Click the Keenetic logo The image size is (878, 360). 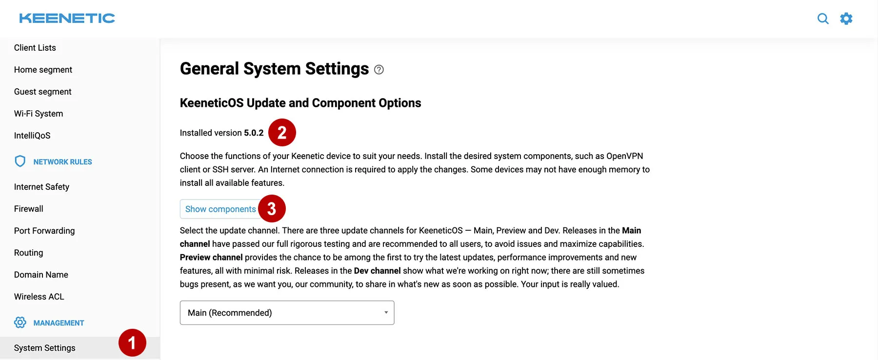67,19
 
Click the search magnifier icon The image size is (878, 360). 823,19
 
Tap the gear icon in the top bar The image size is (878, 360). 846,19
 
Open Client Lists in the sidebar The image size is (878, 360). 35,48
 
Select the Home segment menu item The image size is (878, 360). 43,70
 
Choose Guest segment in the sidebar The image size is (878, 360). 43,92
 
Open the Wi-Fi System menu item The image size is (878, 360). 39,114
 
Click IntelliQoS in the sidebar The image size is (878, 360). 32,136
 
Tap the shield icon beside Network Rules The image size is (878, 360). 20,161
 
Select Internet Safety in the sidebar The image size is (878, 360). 41,187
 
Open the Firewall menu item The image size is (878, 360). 29,209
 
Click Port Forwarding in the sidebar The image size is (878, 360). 44,231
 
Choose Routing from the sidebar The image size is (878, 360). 29,253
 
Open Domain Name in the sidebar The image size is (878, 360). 41,275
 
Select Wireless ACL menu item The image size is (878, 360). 39,297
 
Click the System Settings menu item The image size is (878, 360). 45,348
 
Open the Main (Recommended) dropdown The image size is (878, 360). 287,313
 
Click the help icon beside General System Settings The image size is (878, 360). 379,70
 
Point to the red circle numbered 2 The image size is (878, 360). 282,132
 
